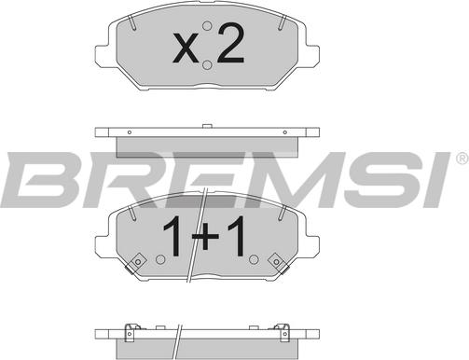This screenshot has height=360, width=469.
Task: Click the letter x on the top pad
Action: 186,48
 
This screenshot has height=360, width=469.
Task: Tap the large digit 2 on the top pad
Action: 230,43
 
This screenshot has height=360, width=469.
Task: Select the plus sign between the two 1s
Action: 205,237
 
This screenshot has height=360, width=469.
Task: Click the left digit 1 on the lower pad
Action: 172,236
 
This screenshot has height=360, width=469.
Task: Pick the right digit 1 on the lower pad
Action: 237,236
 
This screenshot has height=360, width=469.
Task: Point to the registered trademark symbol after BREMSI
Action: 462,159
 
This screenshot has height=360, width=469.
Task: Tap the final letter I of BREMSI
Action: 435,179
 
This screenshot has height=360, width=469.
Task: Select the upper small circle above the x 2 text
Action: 207,26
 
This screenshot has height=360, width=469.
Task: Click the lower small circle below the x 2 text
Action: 207,65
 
